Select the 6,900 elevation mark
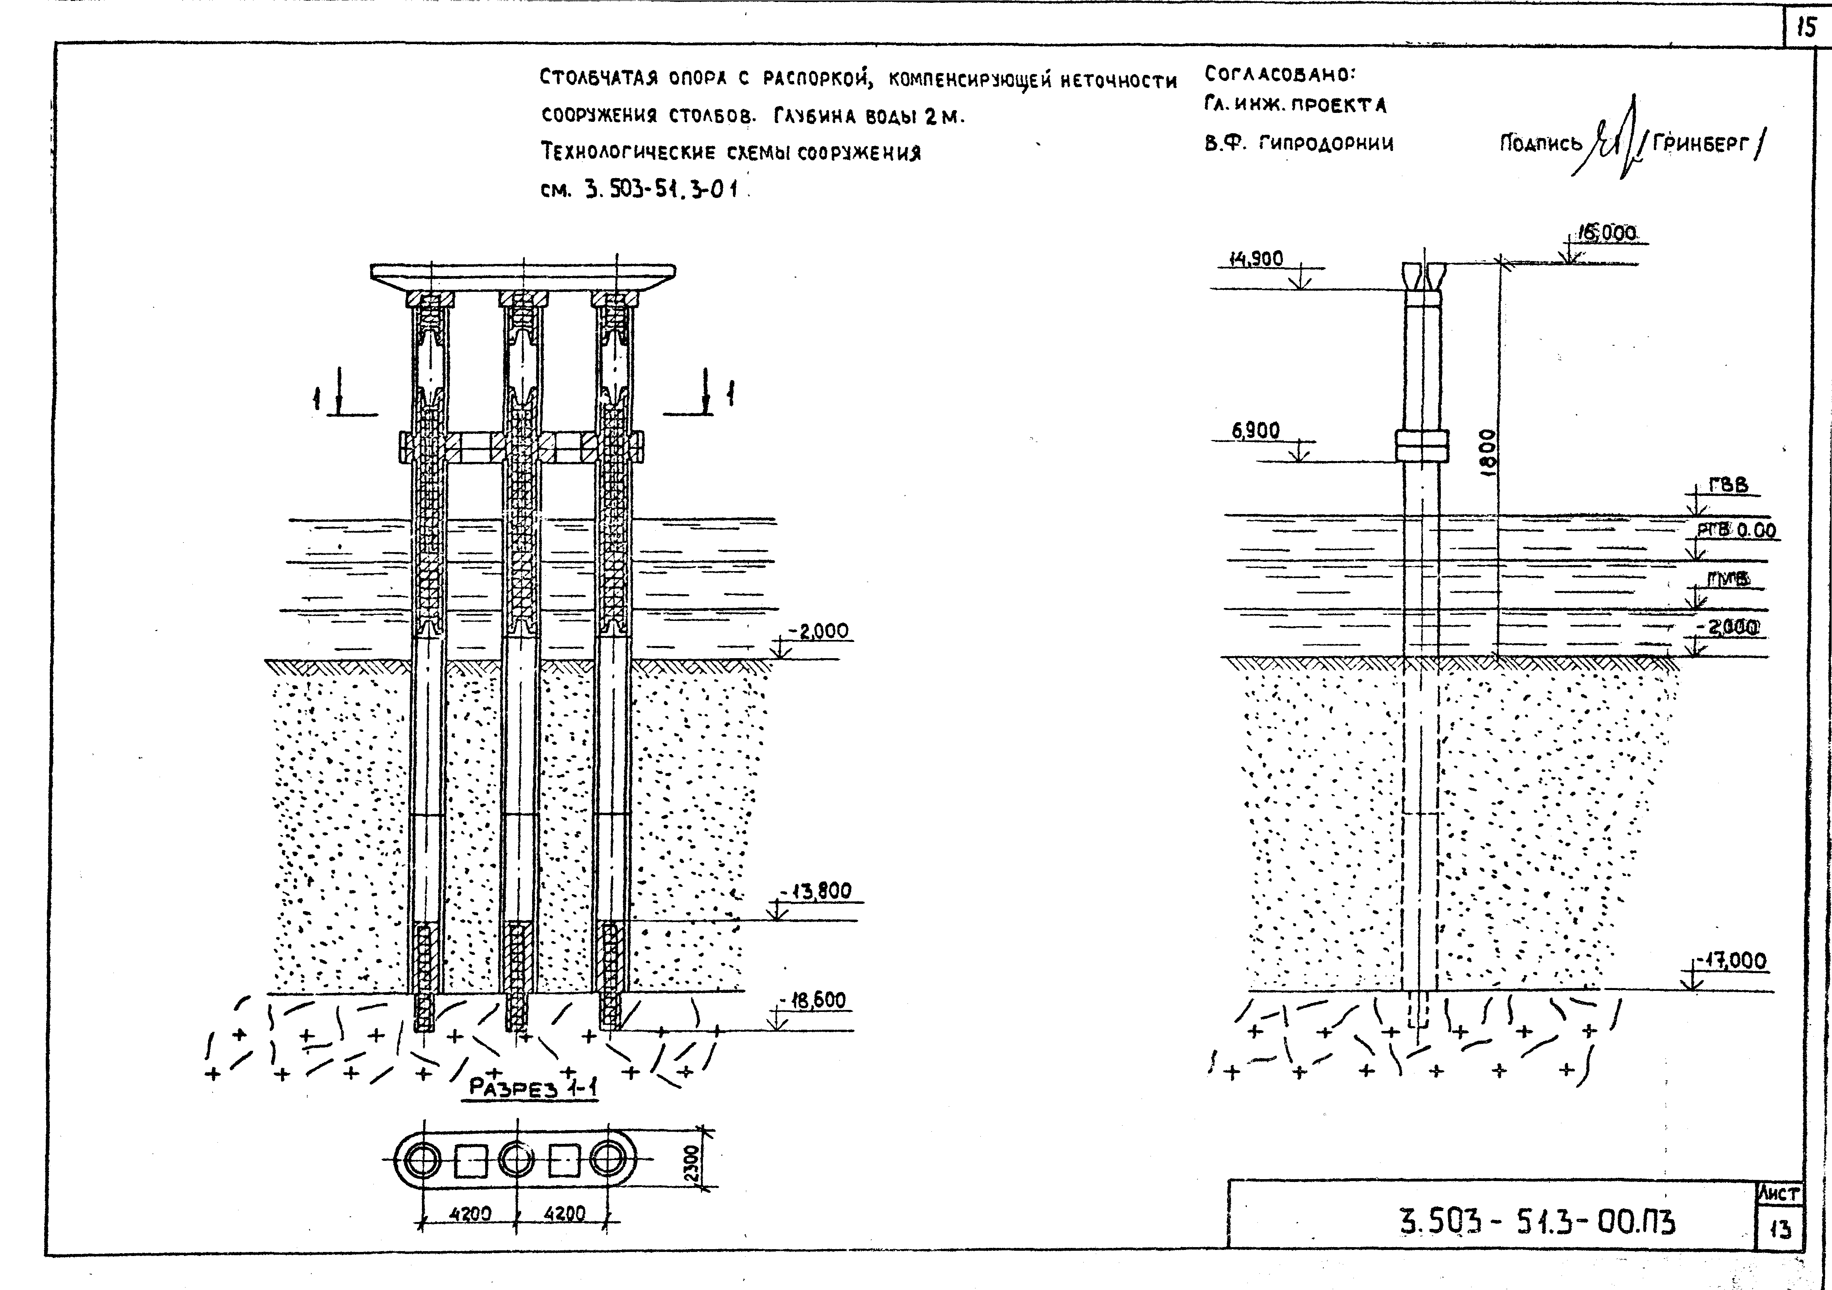pos(1256,431)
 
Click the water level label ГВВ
pos(1728,485)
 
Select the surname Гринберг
pos(1700,144)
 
